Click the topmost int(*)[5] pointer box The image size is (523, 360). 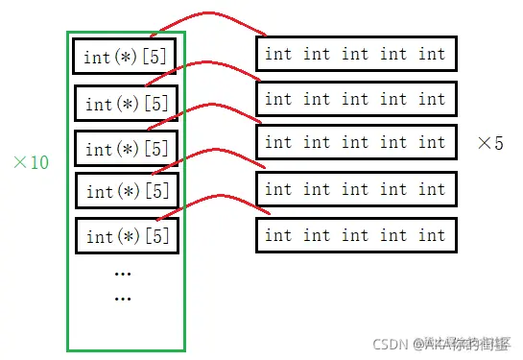(125, 57)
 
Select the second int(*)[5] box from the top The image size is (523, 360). (126, 103)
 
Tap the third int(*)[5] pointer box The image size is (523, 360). (126, 149)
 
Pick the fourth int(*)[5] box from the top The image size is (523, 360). (126, 191)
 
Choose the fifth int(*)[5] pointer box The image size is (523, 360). (126, 235)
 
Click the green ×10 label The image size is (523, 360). (31, 162)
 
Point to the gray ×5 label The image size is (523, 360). (489, 143)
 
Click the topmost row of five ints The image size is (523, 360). (355, 54)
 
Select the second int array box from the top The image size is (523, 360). (355, 99)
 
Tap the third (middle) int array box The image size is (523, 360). (355, 142)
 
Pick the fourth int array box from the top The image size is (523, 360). (355, 189)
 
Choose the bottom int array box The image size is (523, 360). (355, 235)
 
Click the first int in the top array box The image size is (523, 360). (278, 54)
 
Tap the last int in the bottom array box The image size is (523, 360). (432, 235)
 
